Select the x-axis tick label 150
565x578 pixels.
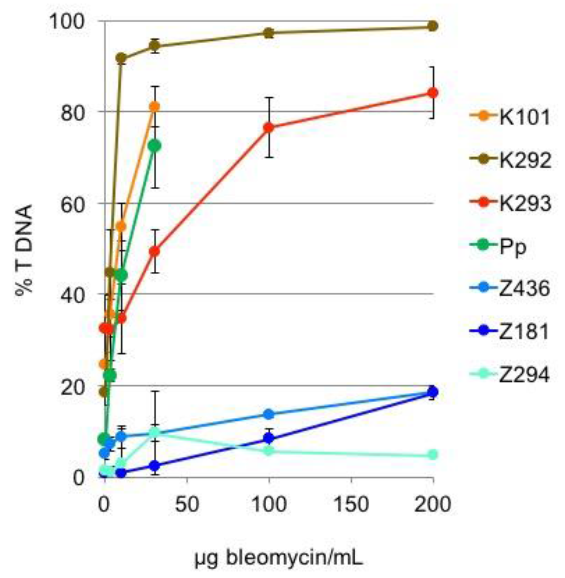click(x=351, y=504)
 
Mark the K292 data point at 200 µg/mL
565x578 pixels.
click(x=433, y=26)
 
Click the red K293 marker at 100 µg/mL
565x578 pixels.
click(x=269, y=127)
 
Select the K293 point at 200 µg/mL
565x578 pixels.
click(x=433, y=93)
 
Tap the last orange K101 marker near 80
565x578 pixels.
click(x=155, y=106)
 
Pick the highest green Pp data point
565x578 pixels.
click(x=155, y=146)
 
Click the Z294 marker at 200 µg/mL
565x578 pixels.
click(x=433, y=454)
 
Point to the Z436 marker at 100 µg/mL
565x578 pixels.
click(x=269, y=414)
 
